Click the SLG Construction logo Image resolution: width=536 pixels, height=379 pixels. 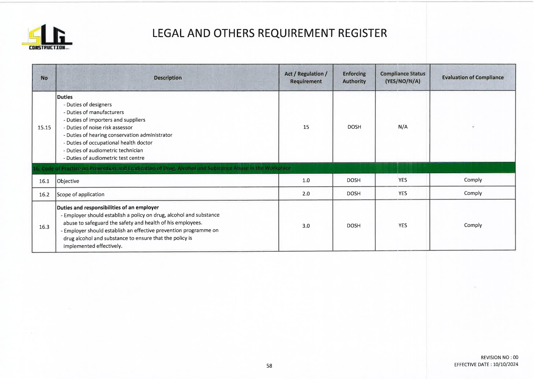[x=47, y=37]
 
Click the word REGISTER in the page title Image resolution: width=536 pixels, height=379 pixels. [x=362, y=33]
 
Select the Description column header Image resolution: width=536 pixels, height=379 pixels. [x=167, y=78]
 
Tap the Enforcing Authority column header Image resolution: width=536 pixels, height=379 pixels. [x=354, y=78]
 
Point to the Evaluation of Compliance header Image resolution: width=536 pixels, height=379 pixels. [x=472, y=78]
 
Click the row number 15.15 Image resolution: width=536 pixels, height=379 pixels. [x=44, y=127]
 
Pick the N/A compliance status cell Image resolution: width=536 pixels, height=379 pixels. [x=402, y=127]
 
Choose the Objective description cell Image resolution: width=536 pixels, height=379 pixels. [x=68, y=181]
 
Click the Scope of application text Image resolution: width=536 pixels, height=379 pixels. [x=81, y=194]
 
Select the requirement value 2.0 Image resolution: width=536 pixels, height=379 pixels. [x=306, y=193]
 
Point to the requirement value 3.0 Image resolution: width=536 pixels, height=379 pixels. [x=306, y=226]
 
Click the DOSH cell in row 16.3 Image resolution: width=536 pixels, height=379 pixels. [x=354, y=226]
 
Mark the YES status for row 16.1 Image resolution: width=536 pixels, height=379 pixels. [x=402, y=180]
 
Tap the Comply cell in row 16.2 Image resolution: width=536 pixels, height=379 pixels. [x=473, y=193]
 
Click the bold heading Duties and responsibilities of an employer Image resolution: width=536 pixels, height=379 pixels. [x=108, y=208]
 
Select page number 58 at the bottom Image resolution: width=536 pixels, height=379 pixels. [x=269, y=366]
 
